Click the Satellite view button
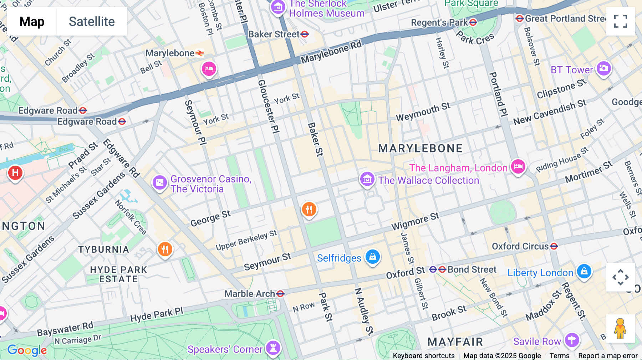pyautogui.click(x=92, y=21)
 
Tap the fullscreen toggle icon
pyautogui.click(x=620, y=21)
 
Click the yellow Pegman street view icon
pyautogui.click(x=620, y=329)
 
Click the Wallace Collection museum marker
pyautogui.click(x=367, y=179)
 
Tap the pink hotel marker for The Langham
pyautogui.click(x=518, y=166)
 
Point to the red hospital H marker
pyautogui.click(x=15, y=173)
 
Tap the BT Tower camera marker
pyautogui.click(x=604, y=68)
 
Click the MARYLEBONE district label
pyautogui.click(x=420, y=148)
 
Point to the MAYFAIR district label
pyautogui.click(x=455, y=342)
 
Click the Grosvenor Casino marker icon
pyautogui.click(x=159, y=182)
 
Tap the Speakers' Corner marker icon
pyautogui.click(x=273, y=348)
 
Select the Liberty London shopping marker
pyautogui.click(x=584, y=272)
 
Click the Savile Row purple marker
pyautogui.click(x=572, y=340)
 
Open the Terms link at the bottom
pyautogui.click(x=559, y=355)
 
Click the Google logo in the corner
pyautogui.click(x=27, y=350)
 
